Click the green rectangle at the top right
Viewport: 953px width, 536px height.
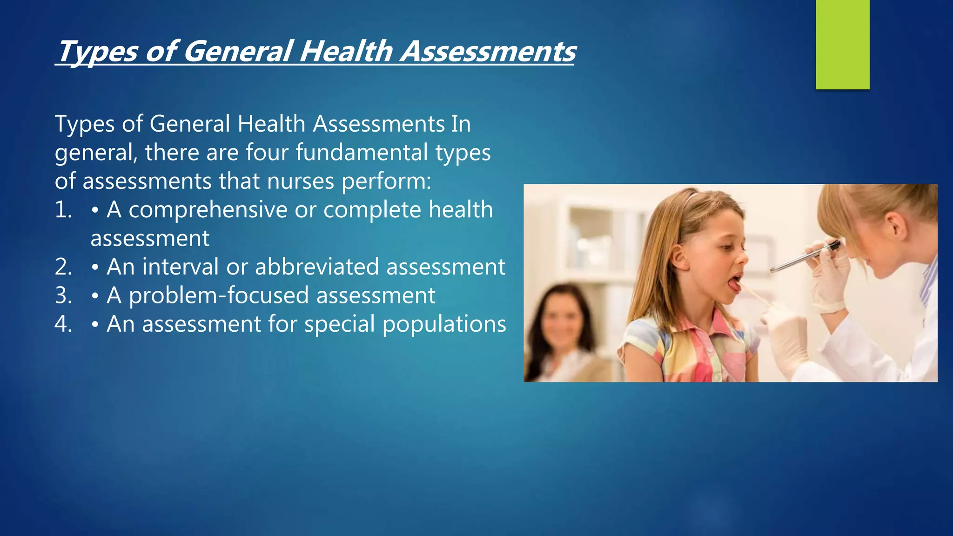point(842,44)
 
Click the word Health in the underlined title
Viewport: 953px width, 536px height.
point(346,51)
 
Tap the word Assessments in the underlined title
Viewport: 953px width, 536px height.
point(488,51)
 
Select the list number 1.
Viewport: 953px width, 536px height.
point(63,210)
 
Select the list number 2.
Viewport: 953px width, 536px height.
point(63,267)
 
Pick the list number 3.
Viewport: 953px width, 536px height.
point(63,296)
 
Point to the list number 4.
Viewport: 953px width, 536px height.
point(63,324)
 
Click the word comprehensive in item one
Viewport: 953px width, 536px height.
point(208,210)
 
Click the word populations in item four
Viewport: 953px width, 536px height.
point(444,324)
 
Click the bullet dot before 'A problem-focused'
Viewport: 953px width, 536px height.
point(95,296)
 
